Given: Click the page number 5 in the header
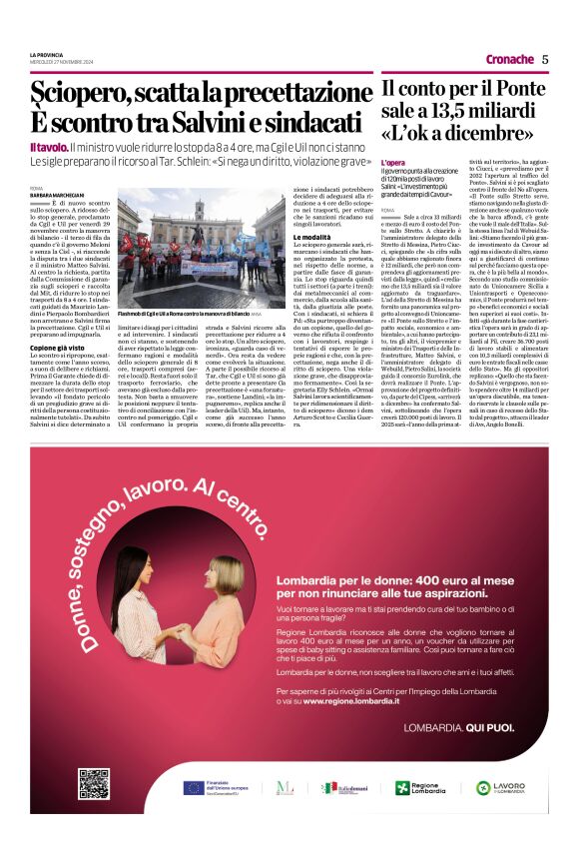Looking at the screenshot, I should coord(545,59).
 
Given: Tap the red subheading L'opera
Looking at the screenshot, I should coord(393,162).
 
